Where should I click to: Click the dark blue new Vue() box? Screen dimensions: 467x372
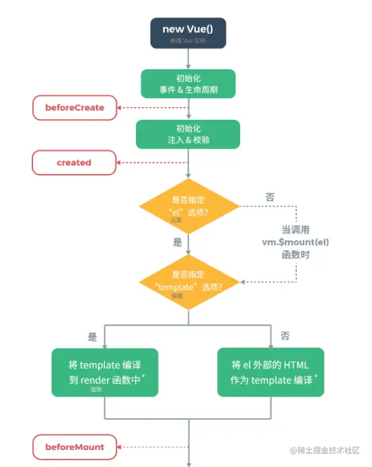coord(189,33)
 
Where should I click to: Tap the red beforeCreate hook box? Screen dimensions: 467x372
coord(74,108)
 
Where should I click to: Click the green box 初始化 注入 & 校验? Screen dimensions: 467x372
coord(188,134)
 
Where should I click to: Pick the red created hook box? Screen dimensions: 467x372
coord(74,162)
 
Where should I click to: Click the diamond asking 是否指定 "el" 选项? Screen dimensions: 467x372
coord(189,206)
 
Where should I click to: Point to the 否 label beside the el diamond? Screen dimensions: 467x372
coord(270,198)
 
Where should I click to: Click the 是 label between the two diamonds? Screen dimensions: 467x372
coord(178,242)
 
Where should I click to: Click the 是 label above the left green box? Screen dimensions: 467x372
coord(93,336)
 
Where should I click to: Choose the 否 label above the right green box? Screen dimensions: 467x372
coord(285,336)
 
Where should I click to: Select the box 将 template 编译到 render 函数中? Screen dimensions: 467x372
coord(105,372)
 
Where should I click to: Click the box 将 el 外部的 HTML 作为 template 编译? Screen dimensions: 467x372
coord(271,372)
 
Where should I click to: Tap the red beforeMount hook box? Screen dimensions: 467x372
coord(74,447)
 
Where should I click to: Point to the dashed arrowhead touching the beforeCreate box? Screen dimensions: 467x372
coord(120,108)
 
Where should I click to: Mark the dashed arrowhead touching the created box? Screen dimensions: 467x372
coord(120,162)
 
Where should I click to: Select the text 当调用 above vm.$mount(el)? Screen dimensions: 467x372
coord(296,229)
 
